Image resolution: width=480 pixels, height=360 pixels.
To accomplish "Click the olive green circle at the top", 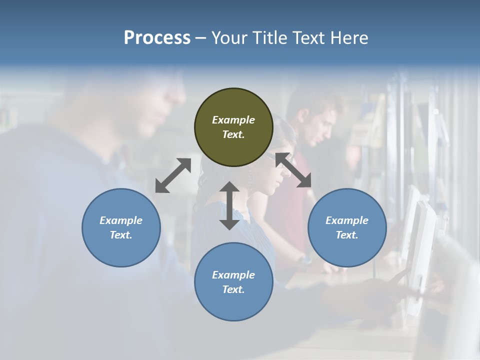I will [233, 127].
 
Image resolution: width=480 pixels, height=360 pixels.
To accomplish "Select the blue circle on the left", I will [121, 227].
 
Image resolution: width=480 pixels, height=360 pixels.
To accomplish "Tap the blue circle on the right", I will [347, 227].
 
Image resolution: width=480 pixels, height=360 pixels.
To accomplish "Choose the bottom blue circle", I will [233, 282].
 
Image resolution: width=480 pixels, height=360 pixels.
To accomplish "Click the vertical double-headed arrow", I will [229, 205].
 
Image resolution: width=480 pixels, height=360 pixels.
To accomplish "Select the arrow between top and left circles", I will [173, 175].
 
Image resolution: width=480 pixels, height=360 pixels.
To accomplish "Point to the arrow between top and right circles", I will [293, 170].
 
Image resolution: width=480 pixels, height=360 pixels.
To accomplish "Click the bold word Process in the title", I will [157, 38].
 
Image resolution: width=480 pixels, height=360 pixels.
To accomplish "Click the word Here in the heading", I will [349, 38].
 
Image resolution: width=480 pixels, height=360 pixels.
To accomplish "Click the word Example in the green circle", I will [233, 120].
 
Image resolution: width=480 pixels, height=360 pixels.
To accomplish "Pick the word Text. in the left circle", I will [121, 235].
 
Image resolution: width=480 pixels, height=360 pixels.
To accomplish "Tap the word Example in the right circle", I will [347, 220].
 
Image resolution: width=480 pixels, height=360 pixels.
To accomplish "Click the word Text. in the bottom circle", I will [233, 289].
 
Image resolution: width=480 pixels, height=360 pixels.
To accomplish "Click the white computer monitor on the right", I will [420, 250].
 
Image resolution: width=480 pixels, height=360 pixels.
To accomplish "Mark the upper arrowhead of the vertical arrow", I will [229, 188].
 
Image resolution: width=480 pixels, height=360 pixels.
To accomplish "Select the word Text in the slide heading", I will [308, 38].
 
